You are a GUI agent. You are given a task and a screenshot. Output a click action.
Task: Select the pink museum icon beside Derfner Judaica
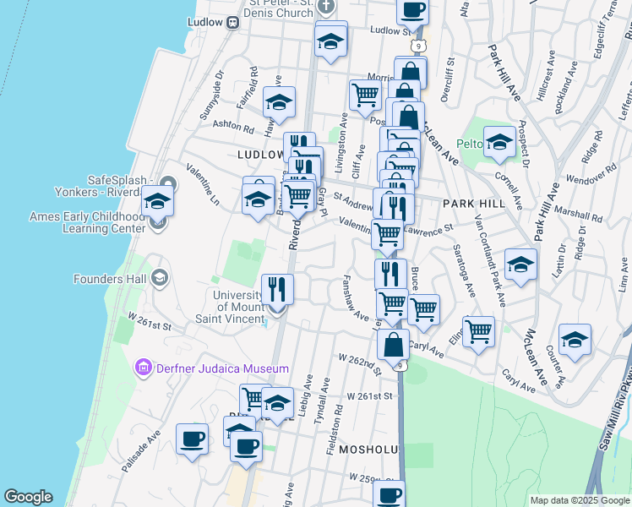point(142,368)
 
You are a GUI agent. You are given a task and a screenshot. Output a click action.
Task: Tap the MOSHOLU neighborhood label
point(368,450)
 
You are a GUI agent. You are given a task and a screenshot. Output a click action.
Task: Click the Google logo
point(28,497)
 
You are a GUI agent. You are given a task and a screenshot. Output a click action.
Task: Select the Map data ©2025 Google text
point(579,500)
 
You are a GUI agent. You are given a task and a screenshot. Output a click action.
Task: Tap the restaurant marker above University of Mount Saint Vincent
point(277,290)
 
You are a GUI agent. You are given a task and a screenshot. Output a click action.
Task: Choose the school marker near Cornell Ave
point(499,141)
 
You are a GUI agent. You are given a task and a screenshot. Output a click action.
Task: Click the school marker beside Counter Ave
point(575,340)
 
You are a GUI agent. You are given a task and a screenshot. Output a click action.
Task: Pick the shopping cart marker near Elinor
point(478,331)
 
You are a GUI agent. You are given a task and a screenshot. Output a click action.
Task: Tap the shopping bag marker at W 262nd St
point(393,345)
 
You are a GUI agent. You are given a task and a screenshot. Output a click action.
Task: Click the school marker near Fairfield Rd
point(279,102)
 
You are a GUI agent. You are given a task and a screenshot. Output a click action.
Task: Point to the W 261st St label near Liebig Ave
point(370,395)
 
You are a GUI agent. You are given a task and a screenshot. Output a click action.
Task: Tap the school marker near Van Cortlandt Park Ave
point(520,264)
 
